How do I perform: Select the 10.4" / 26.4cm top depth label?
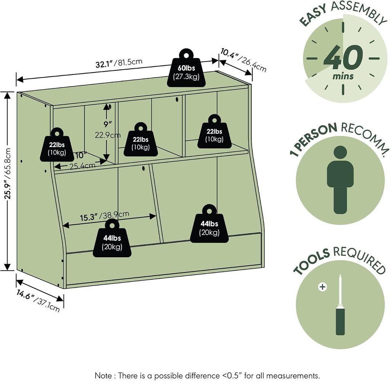click(x=243, y=60)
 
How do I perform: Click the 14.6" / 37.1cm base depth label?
click(x=38, y=301)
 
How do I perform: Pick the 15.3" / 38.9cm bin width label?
click(x=104, y=216)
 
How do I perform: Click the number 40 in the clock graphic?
click(x=343, y=57)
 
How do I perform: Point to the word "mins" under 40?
click(x=343, y=76)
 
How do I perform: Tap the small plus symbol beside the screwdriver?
click(x=322, y=287)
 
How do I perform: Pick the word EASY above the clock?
click(x=313, y=15)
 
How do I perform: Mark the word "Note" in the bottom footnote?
click(x=104, y=375)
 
